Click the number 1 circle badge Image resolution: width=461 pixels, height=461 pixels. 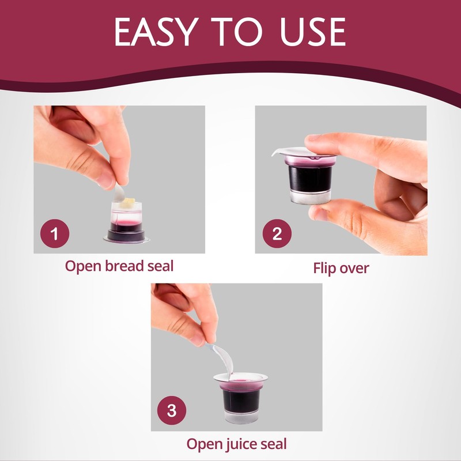click(55, 234)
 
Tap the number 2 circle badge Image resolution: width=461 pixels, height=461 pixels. click(277, 234)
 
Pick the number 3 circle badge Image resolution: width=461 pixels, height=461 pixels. click(172, 411)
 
